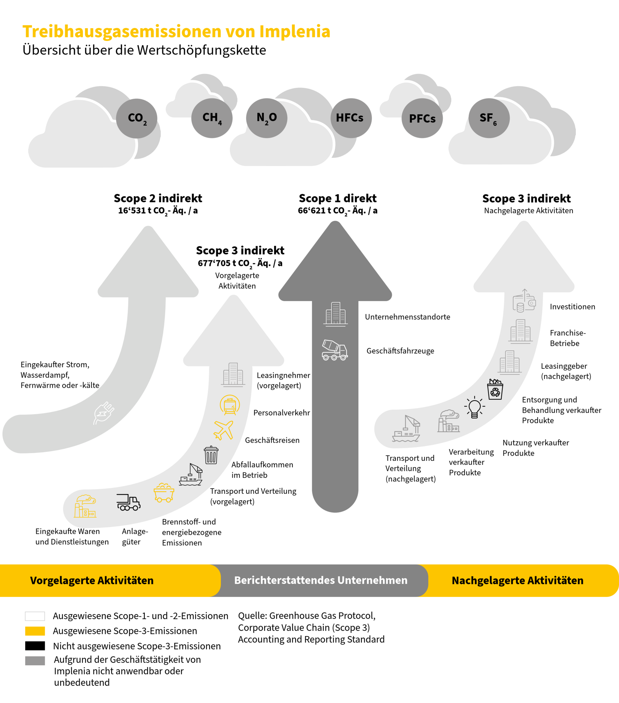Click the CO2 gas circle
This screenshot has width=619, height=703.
(137, 118)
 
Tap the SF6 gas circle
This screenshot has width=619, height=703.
(489, 118)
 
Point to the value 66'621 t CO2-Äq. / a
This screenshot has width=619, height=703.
(338, 210)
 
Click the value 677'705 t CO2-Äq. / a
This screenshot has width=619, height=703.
(240, 263)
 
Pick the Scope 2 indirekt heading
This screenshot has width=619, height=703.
(158, 198)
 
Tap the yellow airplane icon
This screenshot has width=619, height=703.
(223, 430)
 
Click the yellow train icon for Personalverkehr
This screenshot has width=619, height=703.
(230, 405)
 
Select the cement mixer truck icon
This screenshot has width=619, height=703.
(334, 350)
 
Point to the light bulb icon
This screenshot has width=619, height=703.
(475, 407)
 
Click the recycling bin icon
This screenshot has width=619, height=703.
(495, 389)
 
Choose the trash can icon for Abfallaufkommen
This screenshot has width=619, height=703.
(211, 455)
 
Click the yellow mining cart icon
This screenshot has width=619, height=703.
(164, 493)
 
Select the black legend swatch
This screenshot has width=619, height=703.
(35, 646)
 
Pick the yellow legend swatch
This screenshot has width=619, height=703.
(35, 631)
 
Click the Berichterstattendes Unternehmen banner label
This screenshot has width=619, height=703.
(321, 580)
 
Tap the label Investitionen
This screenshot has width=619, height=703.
(572, 307)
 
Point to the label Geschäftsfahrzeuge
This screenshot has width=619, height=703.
(400, 351)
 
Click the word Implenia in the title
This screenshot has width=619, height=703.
(295, 32)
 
